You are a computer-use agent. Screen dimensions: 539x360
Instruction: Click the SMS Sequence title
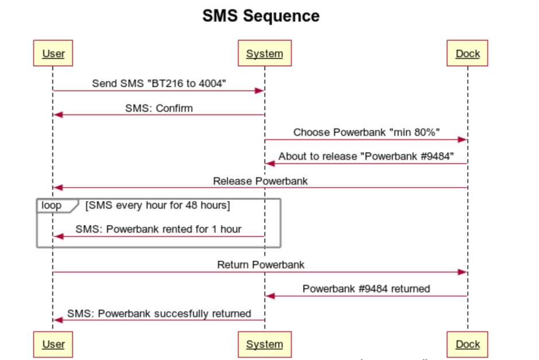point(261,16)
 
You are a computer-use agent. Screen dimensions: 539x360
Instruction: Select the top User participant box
point(53,53)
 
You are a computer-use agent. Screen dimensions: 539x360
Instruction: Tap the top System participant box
point(265,53)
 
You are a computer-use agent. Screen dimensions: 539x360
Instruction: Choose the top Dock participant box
point(467,53)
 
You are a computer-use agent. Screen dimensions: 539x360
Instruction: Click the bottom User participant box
point(53,344)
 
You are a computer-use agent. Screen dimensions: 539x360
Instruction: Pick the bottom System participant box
point(265,344)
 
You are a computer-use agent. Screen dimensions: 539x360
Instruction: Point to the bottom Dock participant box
point(467,344)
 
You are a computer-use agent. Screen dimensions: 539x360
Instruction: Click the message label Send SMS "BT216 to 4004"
point(159,84)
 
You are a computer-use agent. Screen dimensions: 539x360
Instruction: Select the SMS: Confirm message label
point(159,109)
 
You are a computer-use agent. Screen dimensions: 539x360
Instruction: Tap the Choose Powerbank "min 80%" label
point(366,133)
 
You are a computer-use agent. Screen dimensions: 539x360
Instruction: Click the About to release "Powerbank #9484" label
point(366,156)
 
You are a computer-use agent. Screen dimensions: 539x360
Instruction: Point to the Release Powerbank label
point(260,181)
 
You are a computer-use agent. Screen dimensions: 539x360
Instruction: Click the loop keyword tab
point(52,206)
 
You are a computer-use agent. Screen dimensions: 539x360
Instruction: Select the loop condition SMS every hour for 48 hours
point(158,206)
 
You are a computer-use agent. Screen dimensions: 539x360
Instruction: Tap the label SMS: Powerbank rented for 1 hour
point(158,229)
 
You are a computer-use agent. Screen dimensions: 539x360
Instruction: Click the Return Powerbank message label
point(261,265)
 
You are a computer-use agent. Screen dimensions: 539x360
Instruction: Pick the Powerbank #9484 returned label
point(366,289)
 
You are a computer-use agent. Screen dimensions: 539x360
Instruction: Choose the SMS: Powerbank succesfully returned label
point(159,313)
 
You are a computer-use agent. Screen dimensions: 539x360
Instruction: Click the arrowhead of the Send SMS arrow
point(259,91)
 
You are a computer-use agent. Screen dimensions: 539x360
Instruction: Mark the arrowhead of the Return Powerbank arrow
point(462,272)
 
